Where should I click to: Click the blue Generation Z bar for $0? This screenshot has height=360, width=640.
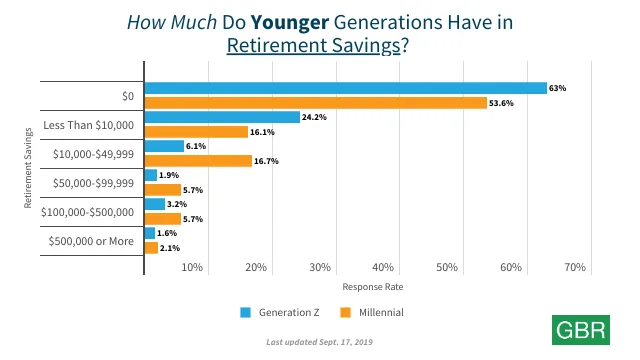345,88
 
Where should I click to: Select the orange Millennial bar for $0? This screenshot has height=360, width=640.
315,102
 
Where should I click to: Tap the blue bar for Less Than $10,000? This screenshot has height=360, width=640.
222,117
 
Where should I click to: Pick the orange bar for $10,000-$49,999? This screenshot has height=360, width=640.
198,160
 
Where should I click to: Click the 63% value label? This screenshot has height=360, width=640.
558,88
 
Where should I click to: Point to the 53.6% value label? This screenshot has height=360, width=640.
501,103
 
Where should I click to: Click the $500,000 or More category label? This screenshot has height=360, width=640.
91,241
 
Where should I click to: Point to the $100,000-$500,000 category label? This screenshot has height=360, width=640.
87,212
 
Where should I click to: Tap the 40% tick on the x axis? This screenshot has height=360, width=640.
383,267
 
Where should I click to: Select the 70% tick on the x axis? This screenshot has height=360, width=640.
574,267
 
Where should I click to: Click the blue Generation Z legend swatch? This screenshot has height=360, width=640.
245,312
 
